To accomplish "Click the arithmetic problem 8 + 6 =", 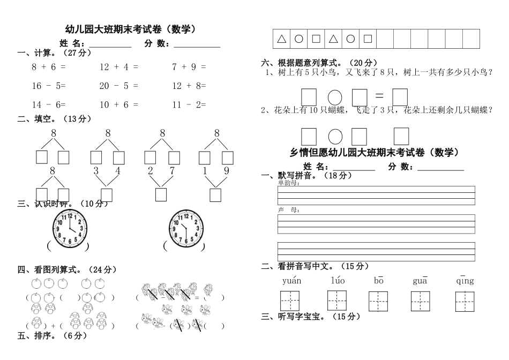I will click(48, 67).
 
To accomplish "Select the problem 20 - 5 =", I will click(118, 86).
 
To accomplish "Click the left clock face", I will click(70, 228).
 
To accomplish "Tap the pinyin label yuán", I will click(291, 280).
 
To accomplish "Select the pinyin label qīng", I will click(465, 280).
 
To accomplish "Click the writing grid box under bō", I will click(378, 301).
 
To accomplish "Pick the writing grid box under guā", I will click(421, 301).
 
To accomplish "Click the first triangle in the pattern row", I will click(282, 39).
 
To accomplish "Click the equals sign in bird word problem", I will click(379, 96).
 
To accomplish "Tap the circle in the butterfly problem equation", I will click(335, 136).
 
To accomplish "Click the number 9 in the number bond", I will click(226, 171).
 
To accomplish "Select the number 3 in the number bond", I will click(96, 171).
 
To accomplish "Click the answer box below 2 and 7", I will click(161, 194).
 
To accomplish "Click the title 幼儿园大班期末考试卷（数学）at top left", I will click(129, 30).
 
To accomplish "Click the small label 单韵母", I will click(288, 183).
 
